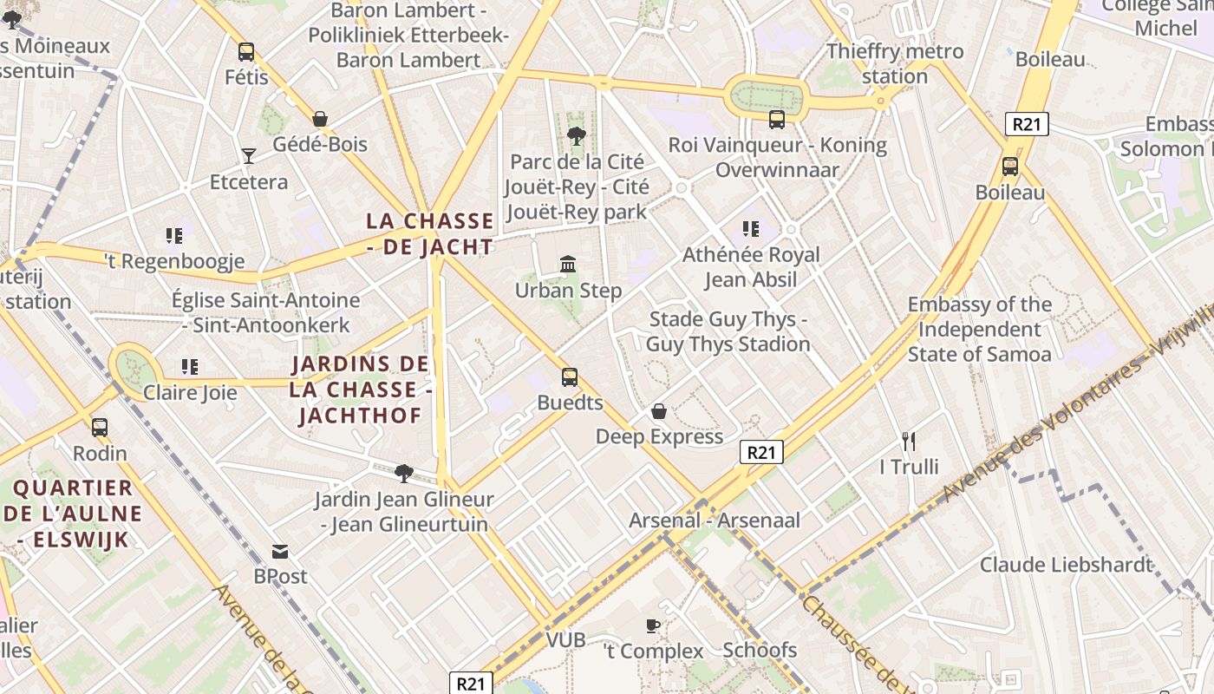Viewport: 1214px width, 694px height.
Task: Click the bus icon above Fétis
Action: click(246, 52)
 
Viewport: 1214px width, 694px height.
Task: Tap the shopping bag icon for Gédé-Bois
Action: click(320, 119)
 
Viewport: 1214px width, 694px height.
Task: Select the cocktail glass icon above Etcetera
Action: click(249, 156)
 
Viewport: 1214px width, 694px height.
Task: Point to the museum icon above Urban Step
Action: click(568, 264)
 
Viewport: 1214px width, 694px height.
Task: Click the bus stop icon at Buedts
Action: click(570, 377)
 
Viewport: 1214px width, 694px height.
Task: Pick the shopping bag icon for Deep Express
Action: click(659, 411)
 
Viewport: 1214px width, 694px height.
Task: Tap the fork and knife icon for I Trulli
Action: click(909, 442)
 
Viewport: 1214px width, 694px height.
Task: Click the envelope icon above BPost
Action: click(280, 551)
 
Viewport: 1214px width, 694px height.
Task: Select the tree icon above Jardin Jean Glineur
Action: click(403, 473)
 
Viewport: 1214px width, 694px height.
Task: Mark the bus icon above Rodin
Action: click(100, 428)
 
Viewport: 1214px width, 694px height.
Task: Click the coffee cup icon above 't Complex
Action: click(653, 625)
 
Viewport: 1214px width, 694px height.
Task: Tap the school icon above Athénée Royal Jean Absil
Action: click(751, 229)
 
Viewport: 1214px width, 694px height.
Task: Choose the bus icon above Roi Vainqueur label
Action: click(776, 120)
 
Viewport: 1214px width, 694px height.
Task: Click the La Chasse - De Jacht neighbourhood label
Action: click(430, 233)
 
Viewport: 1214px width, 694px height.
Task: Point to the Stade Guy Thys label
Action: click(728, 332)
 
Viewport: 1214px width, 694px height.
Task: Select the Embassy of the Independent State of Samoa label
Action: click(980, 330)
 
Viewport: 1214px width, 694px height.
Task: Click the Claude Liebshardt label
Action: click(1067, 565)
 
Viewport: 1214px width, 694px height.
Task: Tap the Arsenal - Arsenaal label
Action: click(715, 520)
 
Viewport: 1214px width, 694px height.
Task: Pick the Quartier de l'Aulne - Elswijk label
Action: click(73, 514)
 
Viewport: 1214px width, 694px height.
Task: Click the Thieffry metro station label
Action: click(895, 63)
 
